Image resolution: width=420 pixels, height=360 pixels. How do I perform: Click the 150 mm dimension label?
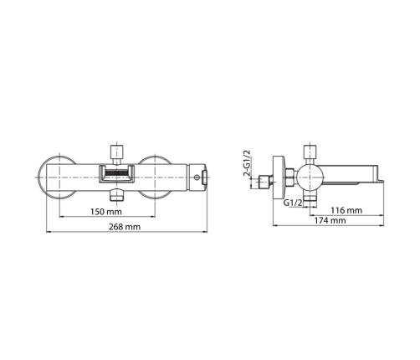[x=106, y=212]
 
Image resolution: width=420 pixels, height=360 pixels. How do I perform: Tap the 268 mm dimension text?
[x=125, y=227]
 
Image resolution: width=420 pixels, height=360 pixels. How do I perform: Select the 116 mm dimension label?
[x=346, y=210]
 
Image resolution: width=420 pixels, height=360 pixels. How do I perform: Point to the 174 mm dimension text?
[x=330, y=221]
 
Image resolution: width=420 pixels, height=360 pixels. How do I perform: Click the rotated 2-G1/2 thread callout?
[x=247, y=163]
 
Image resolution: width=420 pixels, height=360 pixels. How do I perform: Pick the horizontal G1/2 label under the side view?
[x=293, y=203]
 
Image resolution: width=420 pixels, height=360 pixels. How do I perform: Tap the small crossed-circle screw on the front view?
[x=197, y=177]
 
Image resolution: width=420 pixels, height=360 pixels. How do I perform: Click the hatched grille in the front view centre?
[x=116, y=173]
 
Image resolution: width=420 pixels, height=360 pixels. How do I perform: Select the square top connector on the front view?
[x=117, y=152]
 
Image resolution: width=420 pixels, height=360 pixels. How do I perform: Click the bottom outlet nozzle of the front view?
[x=117, y=195]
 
